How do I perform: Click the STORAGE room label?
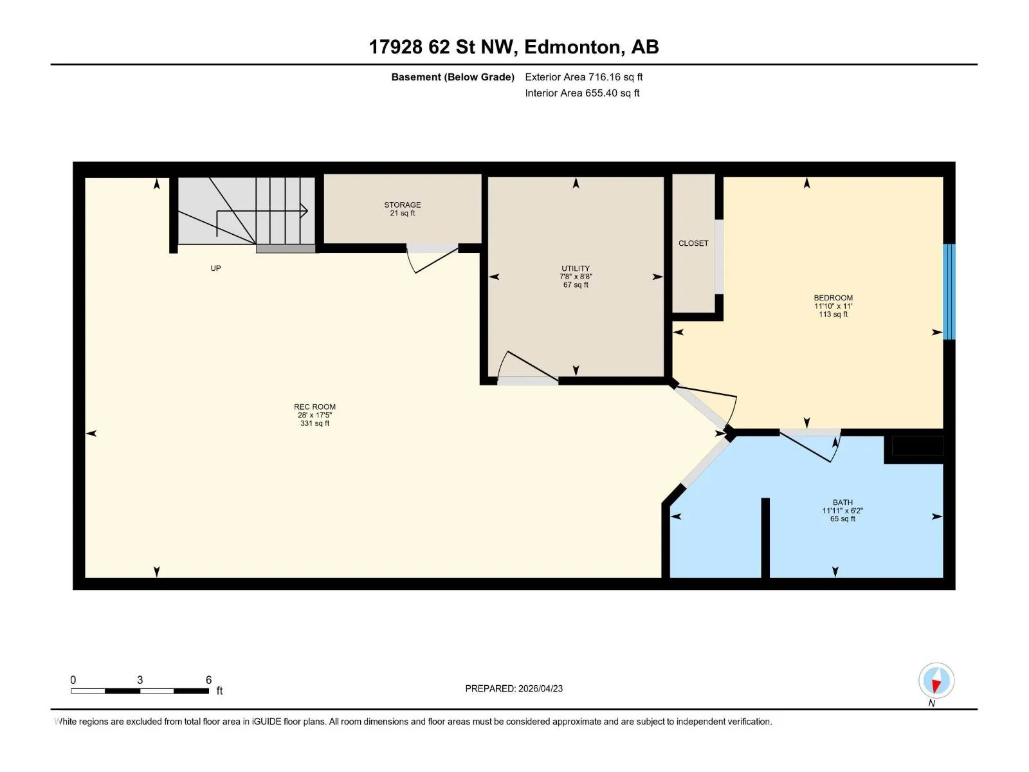(x=402, y=205)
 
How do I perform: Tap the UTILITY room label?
(x=575, y=268)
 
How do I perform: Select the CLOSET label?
(x=693, y=243)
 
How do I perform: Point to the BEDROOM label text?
(x=833, y=298)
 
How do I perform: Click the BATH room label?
(x=842, y=502)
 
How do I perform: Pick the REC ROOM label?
(x=314, y=407)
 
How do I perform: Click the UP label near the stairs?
(x=215, y=268)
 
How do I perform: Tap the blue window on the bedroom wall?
(x=949, y=291)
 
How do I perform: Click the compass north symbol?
(x=936, y=681)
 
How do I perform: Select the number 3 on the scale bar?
(x=140, y=679)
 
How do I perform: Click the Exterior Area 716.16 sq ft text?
(x=584, y=77)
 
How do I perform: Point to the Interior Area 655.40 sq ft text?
(x=582, y=93)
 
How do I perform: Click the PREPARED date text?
(x=514, y=688)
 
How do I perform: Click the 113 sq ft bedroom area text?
(x=833, y=314)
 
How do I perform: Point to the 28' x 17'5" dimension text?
(x=314, y=415)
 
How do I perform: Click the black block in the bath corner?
(x=917, y=446)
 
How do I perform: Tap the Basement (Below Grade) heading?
(x=453, y=77)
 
